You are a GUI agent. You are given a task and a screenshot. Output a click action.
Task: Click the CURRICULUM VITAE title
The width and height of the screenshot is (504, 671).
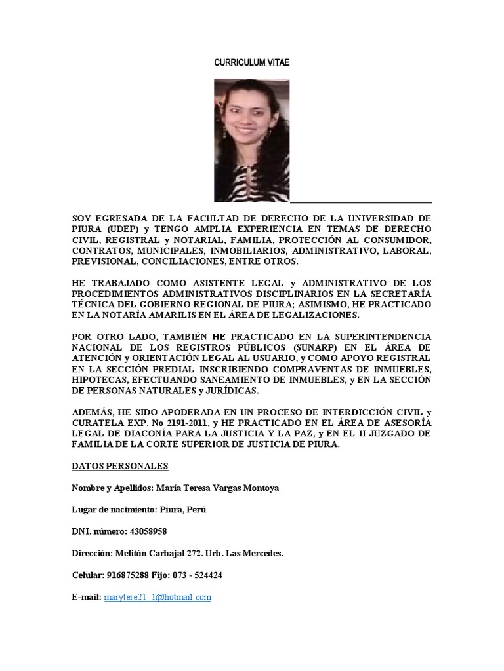tap(252, 63)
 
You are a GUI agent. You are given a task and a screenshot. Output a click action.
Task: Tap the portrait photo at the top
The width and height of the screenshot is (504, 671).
tap(252, 140)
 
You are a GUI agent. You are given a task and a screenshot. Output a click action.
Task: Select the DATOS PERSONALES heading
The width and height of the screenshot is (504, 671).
tap(121, 466)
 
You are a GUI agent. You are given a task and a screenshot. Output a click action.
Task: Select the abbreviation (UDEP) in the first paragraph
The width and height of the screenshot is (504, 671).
tap(117, 228)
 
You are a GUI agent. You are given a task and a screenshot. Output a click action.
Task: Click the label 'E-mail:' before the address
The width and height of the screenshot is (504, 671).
tap(86, 597)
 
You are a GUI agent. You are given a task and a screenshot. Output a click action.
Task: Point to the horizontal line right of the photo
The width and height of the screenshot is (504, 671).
tap(360, 202)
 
